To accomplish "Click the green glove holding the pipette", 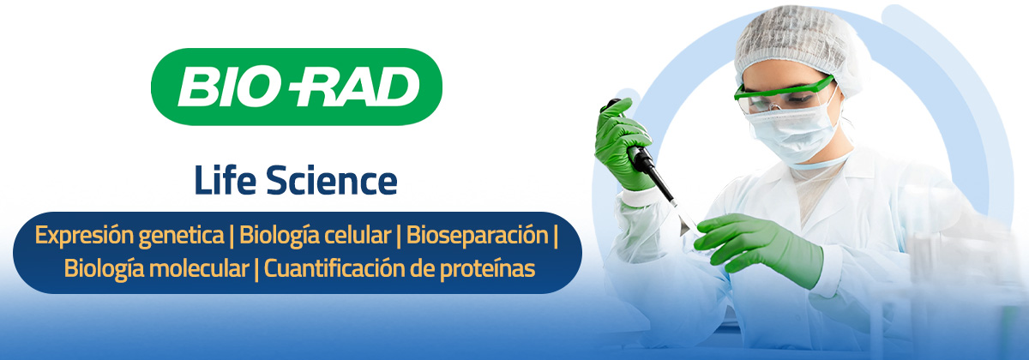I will pyautogui.click(x=622, y=146).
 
